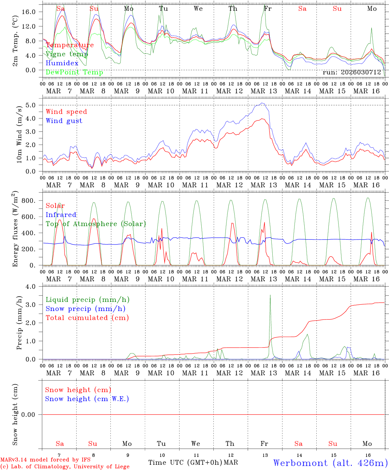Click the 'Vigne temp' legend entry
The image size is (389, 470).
[65, 54]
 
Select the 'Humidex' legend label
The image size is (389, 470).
[62, 63]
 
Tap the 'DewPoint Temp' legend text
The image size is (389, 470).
[74, 72]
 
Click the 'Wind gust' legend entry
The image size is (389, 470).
[64, 121]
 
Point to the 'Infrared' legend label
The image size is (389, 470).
[61, 215]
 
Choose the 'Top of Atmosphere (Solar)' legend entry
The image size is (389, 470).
[96, 224]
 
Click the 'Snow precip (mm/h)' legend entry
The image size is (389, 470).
[85, 309]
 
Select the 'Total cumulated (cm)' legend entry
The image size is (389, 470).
[87, 318]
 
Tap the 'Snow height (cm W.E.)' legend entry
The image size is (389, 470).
[87, 399]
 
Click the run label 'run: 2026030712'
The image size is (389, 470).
[352, 72]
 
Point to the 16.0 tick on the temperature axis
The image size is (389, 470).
[32, 12]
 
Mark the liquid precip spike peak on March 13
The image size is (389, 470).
[270, 295]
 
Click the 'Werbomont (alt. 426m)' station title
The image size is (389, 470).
[330, 463]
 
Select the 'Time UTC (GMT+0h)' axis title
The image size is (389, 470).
[185, 462]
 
